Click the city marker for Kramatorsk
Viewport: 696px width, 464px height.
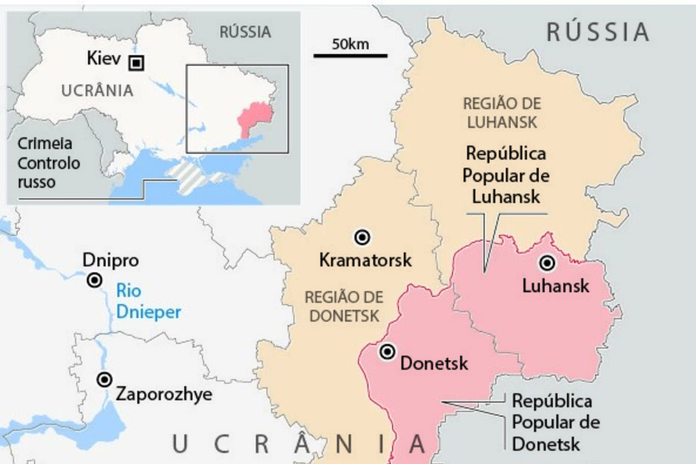click(363, 237)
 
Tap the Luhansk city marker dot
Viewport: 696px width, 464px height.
click(547, 263)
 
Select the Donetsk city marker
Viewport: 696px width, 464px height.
click(387, 352)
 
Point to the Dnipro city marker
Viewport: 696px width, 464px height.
click(95, 280)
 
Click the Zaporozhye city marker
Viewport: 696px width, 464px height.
click(105, 380)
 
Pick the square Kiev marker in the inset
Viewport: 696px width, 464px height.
click(136, 63)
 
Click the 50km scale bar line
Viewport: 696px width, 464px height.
click(350, 55)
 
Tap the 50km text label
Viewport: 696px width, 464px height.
click(350, 43)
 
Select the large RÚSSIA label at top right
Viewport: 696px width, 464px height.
click(597, 31)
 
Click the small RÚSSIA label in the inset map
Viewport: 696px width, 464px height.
click(245, 32)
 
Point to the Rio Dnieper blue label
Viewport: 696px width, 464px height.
click(148, 301)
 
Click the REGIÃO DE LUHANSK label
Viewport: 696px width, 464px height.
click(502, 112)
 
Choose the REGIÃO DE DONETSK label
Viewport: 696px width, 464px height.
click(341, 306)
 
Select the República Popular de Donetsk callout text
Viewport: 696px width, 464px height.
click(556, 422)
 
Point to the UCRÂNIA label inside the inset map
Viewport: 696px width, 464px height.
click(97, 91)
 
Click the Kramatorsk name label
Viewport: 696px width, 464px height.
click(365, 261)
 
